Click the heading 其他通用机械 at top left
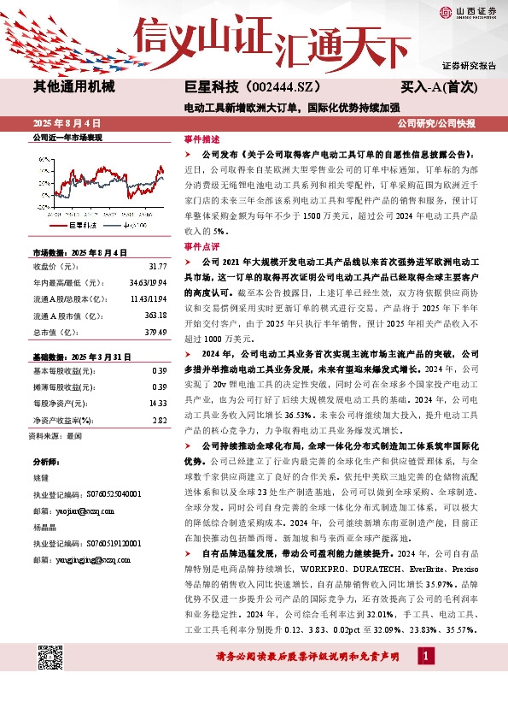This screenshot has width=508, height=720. (x=73, y=86)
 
